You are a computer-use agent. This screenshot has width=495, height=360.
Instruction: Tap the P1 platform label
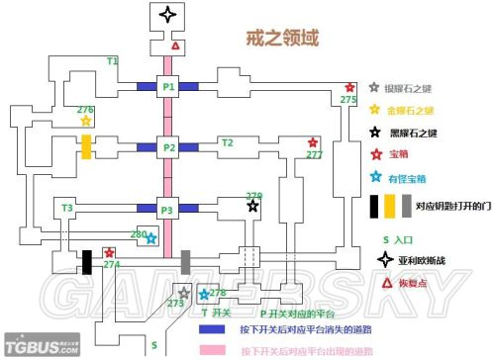click(168, 87)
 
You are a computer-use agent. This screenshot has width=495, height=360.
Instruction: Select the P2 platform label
click(168, 148)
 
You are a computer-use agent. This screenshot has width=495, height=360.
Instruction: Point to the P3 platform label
click(168, 210)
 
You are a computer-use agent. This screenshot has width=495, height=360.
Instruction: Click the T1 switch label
click(112, 61)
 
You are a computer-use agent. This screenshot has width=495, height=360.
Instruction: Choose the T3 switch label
click(67, 208)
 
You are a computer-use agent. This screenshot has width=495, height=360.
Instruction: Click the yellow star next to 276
click(86, 121)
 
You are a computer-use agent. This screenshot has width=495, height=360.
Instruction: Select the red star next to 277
click(313, 142)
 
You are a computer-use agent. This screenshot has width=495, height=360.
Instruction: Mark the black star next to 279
click(253, 207)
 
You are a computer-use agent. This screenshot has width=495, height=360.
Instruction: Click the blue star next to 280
click(151, 238)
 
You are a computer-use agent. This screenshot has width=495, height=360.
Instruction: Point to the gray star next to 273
click(183, 293)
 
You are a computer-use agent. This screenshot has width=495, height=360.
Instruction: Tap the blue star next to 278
click(204, 294)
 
